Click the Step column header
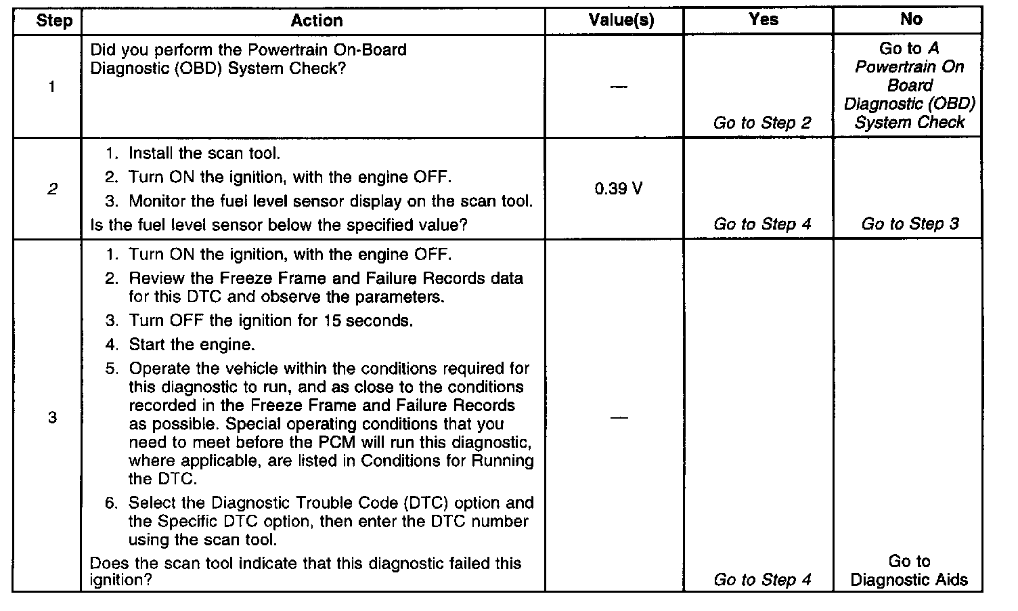click(x=53, y=21)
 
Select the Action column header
click(x=317, y=21)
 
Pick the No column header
click(x=910, y=20)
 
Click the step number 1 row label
click(x=52, y=87)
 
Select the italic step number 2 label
click(x=52, y=189)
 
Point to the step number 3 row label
click(x=52, y=417)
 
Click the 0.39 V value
click(x=619, y=189)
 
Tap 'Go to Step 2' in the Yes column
click(x=762, y=123)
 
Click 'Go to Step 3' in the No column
click(x=910, y=224)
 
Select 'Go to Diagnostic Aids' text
click(x=909, y=570)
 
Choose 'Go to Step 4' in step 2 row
click(x=762, y=224)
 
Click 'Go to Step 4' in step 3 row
click(x=762, y=580)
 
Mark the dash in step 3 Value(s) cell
click(x=618, y=417)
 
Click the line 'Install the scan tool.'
click(x=204, y=154)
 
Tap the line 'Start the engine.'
click(x=192, y=345)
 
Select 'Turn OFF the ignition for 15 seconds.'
click(x=271, y=320)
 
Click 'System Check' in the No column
click(x=909, y=123)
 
